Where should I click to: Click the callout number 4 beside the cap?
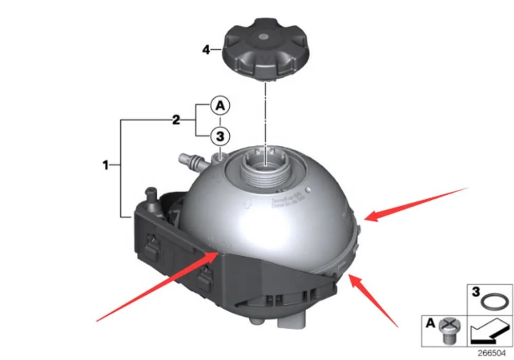206,50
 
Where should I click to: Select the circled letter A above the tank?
219,106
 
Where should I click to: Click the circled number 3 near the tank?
219,137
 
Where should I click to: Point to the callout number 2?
176,121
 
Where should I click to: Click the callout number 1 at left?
105,166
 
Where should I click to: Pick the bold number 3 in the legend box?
476,291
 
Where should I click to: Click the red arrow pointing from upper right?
416,204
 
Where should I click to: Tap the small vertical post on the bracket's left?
152,198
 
